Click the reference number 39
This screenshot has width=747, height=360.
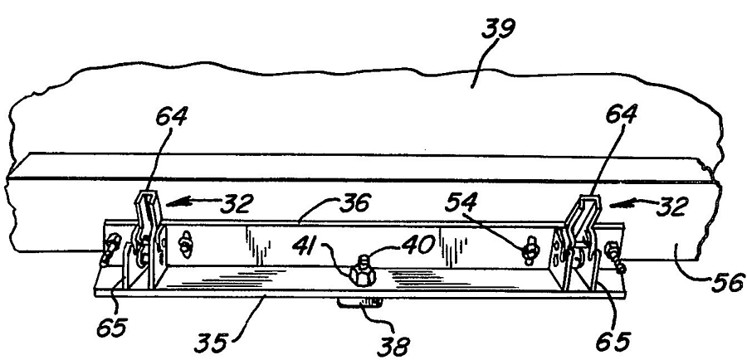[499, 31]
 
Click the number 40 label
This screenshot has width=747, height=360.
[417, 244]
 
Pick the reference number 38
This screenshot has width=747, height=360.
[393, 345]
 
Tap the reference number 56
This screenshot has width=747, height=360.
[727, 283]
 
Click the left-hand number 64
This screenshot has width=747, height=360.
[172, 117]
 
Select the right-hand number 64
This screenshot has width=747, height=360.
[622, 115]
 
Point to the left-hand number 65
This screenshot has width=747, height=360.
[112, 328]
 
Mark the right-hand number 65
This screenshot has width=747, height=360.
[613, 342]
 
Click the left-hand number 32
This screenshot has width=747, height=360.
[236, 204]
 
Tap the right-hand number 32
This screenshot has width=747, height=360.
[671, 207]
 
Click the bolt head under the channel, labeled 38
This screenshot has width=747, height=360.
[361, 303]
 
